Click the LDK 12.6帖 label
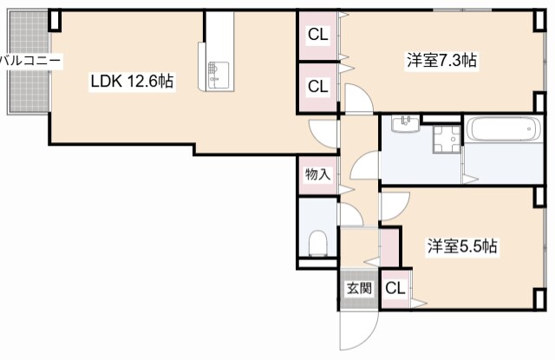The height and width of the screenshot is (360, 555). (x=132, y=82)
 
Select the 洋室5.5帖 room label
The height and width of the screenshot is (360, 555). (x=460, y=245)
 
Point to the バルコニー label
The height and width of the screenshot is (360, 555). (x=30, y=61)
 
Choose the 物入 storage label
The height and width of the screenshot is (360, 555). (x=317, y=173)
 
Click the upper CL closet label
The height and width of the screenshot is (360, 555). (x=318, y=35)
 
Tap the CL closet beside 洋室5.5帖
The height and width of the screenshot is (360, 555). (x=395, y=289)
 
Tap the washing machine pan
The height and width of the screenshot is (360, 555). (x=447, y=138)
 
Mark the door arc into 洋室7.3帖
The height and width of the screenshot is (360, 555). (x=358, y=97)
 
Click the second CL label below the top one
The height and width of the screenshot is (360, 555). (x=318, y=87)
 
